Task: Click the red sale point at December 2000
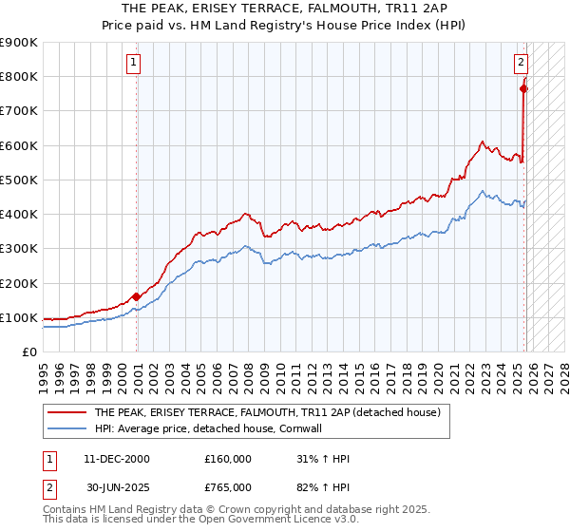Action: coord(137,296)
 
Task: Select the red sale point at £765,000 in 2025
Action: coord(523,88)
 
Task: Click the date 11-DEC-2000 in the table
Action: coord(116,459)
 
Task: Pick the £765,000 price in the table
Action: coord(228,487)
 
